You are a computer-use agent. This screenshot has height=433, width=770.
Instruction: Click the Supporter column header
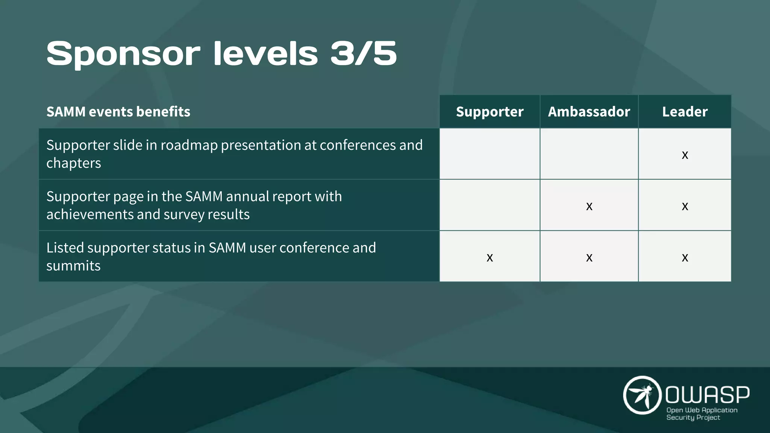point(490,112)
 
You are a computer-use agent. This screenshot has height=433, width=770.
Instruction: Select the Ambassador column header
point(589,112)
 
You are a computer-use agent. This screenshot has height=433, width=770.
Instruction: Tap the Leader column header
point(685,112)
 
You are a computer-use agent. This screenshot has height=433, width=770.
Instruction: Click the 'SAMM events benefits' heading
point(118,112)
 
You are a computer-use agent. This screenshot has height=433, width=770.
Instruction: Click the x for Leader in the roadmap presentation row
point(685,155)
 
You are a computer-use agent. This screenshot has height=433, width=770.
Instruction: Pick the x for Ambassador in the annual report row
point(589,206)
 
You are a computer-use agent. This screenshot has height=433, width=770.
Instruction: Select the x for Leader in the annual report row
point(685,206)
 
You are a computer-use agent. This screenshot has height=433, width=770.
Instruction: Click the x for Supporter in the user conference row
point(490,257)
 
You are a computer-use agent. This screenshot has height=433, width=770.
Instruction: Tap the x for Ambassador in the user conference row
point(589,257)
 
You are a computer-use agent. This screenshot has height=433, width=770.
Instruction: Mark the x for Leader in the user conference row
point(685,257)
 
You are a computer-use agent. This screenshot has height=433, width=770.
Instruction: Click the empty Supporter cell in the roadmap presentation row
point(490,154)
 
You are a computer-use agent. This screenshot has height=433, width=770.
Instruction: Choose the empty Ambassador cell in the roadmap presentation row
point(589,154)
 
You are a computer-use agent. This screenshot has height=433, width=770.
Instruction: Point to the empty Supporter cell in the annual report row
point(490,205)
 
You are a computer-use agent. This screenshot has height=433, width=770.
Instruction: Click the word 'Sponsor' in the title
point(123,54)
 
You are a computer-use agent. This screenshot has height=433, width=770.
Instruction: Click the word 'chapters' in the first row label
point(74,163)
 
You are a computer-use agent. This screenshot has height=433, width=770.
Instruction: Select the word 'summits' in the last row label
point(73,266)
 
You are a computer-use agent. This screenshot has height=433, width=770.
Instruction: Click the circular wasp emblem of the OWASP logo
point(642,395)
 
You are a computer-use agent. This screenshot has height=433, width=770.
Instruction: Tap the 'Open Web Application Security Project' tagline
point(702,414)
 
